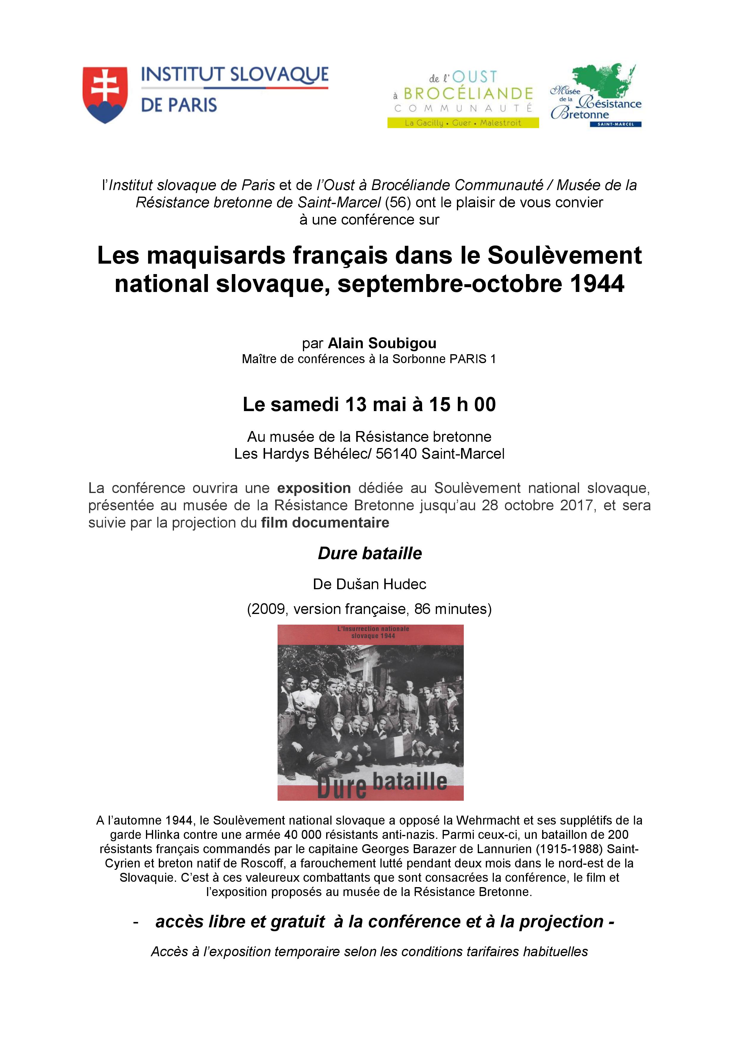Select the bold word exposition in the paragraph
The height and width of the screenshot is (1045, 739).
coord(314,488)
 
